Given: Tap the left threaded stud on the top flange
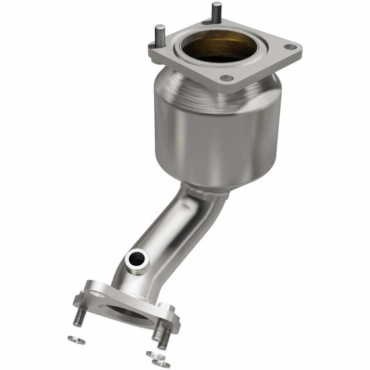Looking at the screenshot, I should pyautogui.click(x=160, y=35).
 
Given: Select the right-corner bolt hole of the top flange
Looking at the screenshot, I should pyautogui.click(x=290, y=48).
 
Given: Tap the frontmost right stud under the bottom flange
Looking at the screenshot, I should pyautogui.click(x=162, y=336).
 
